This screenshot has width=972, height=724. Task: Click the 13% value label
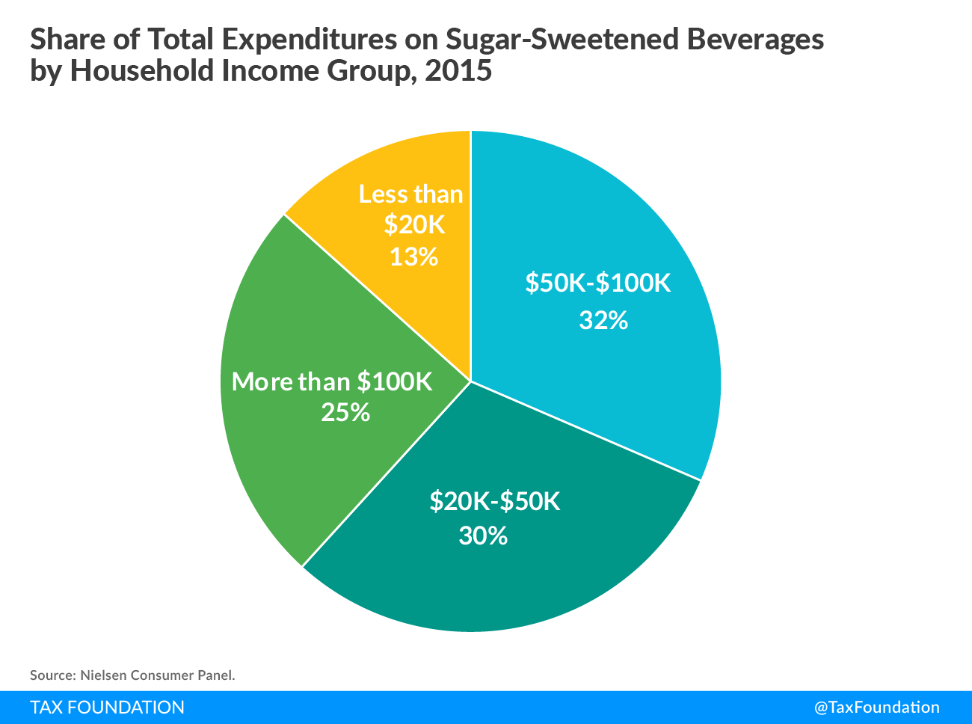(x=413, y=257)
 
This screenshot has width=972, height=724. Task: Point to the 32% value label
(x=603, y=321)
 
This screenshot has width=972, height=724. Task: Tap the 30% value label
(x=483, y=536)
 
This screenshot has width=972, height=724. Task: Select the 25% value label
(x=345, y=412)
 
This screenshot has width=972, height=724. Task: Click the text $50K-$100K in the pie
(x=598, y=283)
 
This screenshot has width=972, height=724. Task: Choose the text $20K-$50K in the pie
(x=494, y=500)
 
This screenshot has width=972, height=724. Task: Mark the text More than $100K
(x=332, y=381)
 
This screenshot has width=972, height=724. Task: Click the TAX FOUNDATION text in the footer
(x=107, y=708)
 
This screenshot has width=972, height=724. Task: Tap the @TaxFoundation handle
(x=876, y=708)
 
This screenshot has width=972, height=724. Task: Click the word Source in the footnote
(x=49, y=675)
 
